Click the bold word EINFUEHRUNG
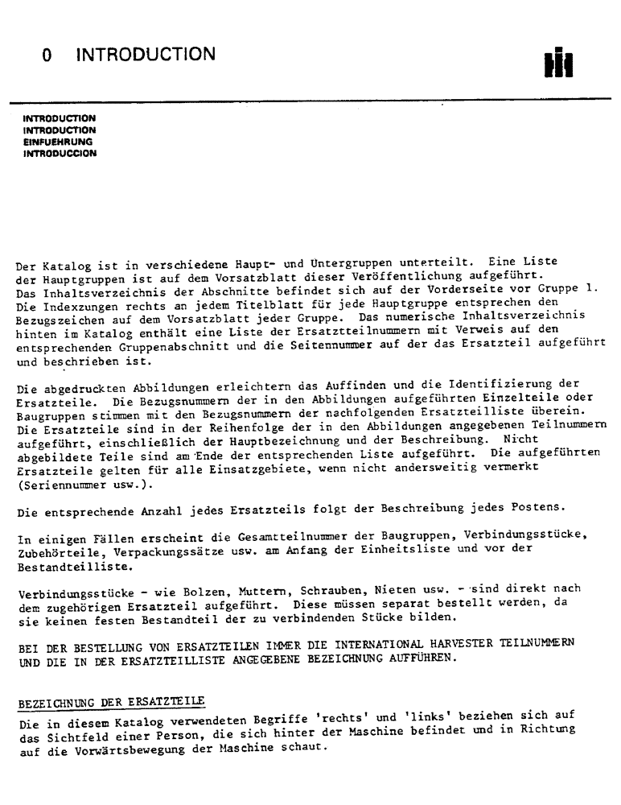click(58, 142)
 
